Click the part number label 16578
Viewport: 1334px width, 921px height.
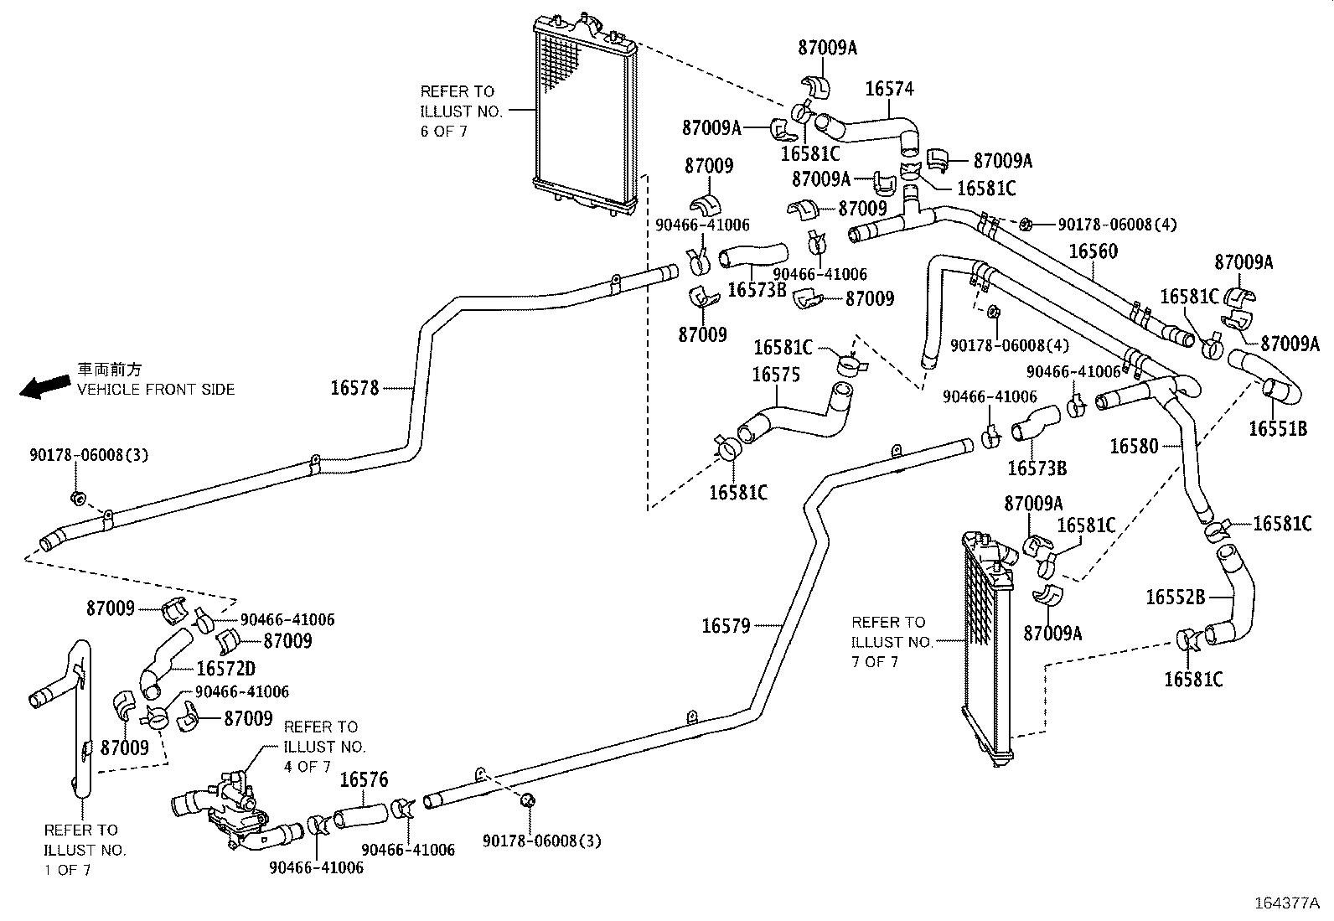coord(354,387)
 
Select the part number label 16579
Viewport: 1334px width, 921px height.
coord(726,625)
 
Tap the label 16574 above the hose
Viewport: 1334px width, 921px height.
coord(889,89)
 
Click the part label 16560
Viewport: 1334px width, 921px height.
coord(1093,251)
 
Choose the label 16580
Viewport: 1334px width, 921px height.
coord(1134,447)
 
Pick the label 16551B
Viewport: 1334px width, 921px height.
coord(1277,429)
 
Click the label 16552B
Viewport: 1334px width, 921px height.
coord(1175,597)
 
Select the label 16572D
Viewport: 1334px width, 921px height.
coord(225,668)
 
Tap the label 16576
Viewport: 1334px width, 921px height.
coord(364,780)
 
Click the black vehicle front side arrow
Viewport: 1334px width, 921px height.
coord(44,386)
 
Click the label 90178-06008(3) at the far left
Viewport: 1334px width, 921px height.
coord(89,455)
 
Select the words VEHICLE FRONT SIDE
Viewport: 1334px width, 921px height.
coord(156,389)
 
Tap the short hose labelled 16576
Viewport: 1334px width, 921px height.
coord(361,815)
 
